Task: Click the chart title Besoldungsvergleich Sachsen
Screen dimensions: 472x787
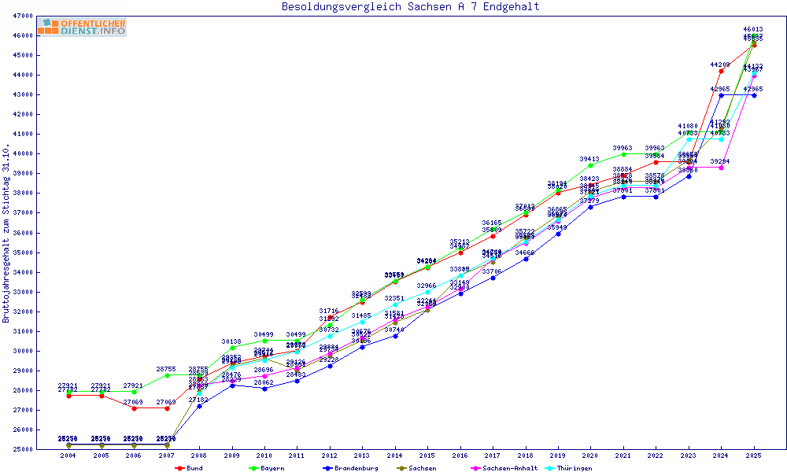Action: (411, 7)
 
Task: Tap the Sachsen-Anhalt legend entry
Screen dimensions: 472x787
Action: (507, 468)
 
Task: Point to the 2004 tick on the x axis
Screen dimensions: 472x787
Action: (69, 456)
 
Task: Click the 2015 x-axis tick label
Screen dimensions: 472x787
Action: (427, 456)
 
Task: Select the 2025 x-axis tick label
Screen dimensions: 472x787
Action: (754, 456)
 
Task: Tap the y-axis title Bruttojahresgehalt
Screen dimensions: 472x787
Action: (7, 234)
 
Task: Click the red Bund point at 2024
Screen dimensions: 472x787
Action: (721, 71)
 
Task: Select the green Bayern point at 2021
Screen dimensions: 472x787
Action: (623, 154)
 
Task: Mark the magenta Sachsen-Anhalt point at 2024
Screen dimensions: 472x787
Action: (721, 168)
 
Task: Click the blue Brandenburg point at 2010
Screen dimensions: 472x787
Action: (264, 389)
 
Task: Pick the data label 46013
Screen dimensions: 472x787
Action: (753, 29)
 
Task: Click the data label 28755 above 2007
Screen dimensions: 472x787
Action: (165, 369)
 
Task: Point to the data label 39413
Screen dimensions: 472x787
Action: (590, 159)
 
